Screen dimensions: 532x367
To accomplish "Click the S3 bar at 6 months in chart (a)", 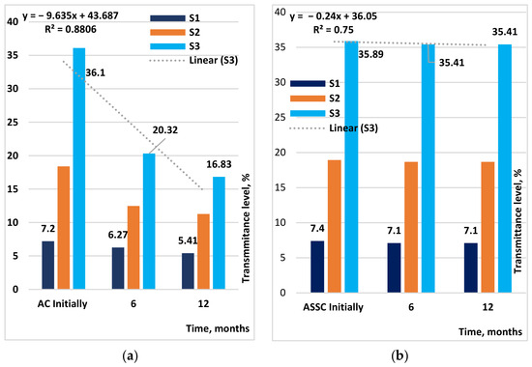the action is pos(149,221).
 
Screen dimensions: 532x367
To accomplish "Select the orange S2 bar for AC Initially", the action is pos(64,228).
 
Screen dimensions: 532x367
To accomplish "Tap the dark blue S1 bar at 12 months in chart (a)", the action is pos(188,271).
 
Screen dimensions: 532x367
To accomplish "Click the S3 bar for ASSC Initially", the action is pos(351,167).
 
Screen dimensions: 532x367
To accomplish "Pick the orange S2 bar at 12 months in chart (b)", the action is pos(488,227).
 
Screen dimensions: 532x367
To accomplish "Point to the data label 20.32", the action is pos(164,130).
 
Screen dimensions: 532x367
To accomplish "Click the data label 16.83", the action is pos(220,164).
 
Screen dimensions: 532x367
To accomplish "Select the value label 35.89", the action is pos(370,54).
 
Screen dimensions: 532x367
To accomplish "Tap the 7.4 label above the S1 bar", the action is pos(317,228).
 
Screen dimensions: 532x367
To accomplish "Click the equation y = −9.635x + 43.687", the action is pos(71,15).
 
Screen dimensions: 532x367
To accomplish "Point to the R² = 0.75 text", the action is pos(333,30).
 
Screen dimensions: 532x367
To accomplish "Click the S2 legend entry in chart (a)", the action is pos(175,32).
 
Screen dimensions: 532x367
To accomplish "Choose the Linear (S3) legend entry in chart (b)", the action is pos(334,128).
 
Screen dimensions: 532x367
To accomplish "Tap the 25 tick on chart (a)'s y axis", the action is pos(13,122).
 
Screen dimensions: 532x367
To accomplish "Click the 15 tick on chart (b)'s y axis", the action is pos(281,187).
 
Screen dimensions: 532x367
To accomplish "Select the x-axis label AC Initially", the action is pos(63,303).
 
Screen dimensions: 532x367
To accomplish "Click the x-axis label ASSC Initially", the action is pos(333,307).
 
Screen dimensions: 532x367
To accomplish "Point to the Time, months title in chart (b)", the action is pos(490,332).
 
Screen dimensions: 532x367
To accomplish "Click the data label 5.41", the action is pos(188,240).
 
